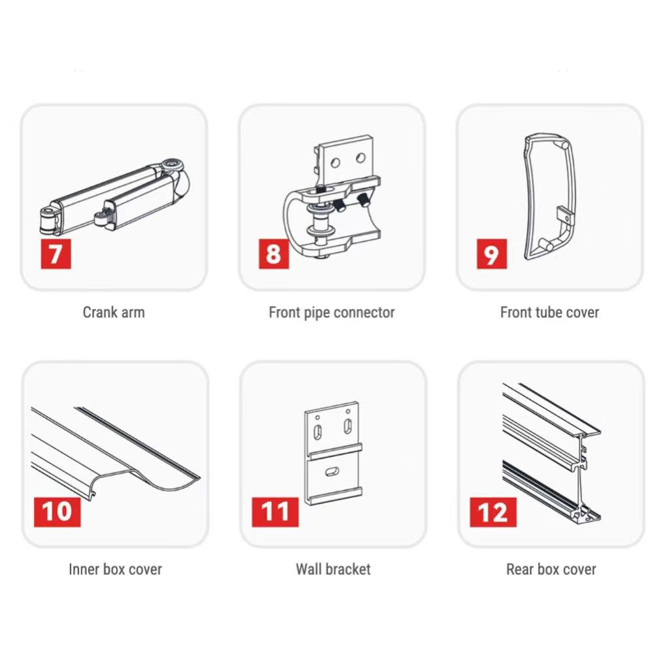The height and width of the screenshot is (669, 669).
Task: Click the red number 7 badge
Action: (x=56, y=254)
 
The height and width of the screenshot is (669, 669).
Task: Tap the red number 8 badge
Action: (x=274, y=254)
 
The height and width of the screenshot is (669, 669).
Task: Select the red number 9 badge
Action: (x=492, y=254)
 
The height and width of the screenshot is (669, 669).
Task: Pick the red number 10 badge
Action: (x=57, y=512)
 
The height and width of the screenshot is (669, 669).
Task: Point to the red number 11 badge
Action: (x=275, y=512)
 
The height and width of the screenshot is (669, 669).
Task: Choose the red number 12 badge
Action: (x=493, y=512)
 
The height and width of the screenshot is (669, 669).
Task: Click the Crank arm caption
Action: (x=114, y=313)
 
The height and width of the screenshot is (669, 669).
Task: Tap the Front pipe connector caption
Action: (x=332, y=313)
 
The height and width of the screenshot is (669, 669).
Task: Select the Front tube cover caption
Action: (x=549, y=313)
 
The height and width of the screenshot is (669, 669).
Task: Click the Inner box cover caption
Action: (x=115, y=569)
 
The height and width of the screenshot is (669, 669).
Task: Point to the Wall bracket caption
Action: (x=334, y=569)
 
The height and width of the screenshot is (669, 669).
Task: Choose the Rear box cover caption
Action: (x=551, y=569)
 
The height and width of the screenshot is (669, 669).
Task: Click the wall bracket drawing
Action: (x=334, y=453)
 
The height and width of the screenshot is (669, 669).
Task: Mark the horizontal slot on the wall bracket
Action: (x=332, y=471)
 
